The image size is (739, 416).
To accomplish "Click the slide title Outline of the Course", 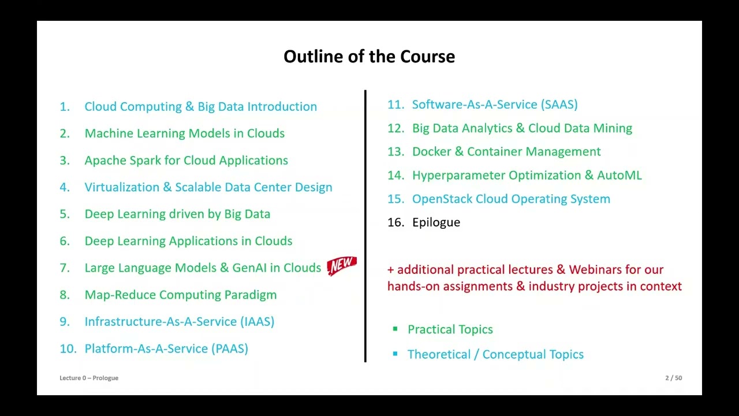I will (369, 57).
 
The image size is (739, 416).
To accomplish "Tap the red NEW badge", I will (342, 266).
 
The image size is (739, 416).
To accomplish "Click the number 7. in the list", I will (64, 268).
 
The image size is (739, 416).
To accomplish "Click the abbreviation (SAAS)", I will (559, 105).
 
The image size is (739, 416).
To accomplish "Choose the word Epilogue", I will (436, 222).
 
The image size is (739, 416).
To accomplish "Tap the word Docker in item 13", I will (431, 152).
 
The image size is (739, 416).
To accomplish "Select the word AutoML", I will (619, 176).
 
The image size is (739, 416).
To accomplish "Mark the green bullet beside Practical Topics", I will (395, 329).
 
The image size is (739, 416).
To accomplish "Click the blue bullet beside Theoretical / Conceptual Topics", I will (395, 354).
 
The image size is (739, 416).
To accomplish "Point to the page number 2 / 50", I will (673, 378).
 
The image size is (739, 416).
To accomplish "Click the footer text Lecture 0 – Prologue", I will (89, 378).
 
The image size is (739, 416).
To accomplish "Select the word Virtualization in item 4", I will (121, 187).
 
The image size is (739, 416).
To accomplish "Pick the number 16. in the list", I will (395, 222).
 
